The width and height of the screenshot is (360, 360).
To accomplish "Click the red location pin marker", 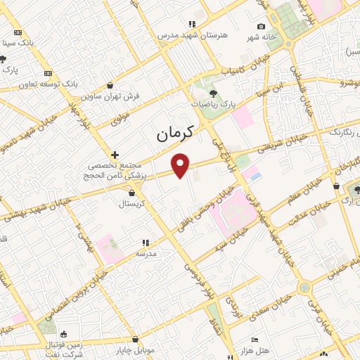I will (181, 165).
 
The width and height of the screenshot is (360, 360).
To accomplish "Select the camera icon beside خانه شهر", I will (262, 27).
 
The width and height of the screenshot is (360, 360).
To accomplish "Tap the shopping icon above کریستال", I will (131, 191).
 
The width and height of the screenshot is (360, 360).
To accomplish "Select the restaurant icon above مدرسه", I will (146, 242).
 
